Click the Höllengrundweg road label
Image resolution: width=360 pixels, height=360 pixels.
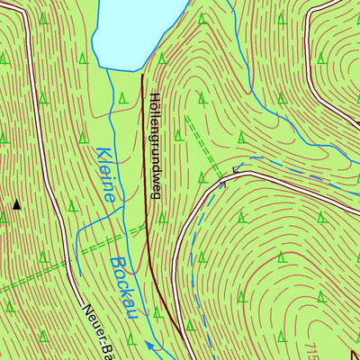[154, 144]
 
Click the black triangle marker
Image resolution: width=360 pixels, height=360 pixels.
[16, 205]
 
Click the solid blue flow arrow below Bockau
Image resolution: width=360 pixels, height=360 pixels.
[149, 344]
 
